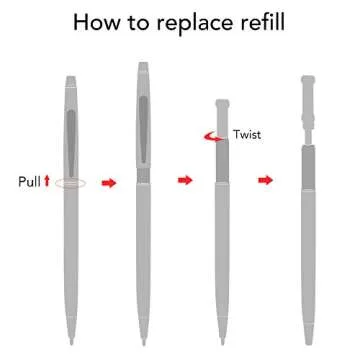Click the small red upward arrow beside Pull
pos(47,182)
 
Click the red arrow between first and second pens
pos(110,182)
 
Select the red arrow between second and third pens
pos(184,180)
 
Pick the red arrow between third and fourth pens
pos(265,180)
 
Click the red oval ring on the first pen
pos(71,182)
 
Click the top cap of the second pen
pos(142,72)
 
